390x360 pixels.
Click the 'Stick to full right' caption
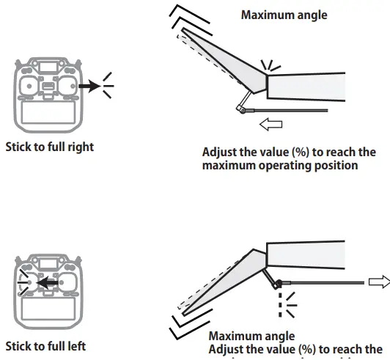(x=50, y=147)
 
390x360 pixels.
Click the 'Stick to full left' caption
(x=47, y=345)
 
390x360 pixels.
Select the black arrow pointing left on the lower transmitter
(x=47, y=281)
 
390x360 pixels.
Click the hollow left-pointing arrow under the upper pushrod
(x=271, y=125)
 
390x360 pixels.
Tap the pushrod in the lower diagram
(x=323, y=282)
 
